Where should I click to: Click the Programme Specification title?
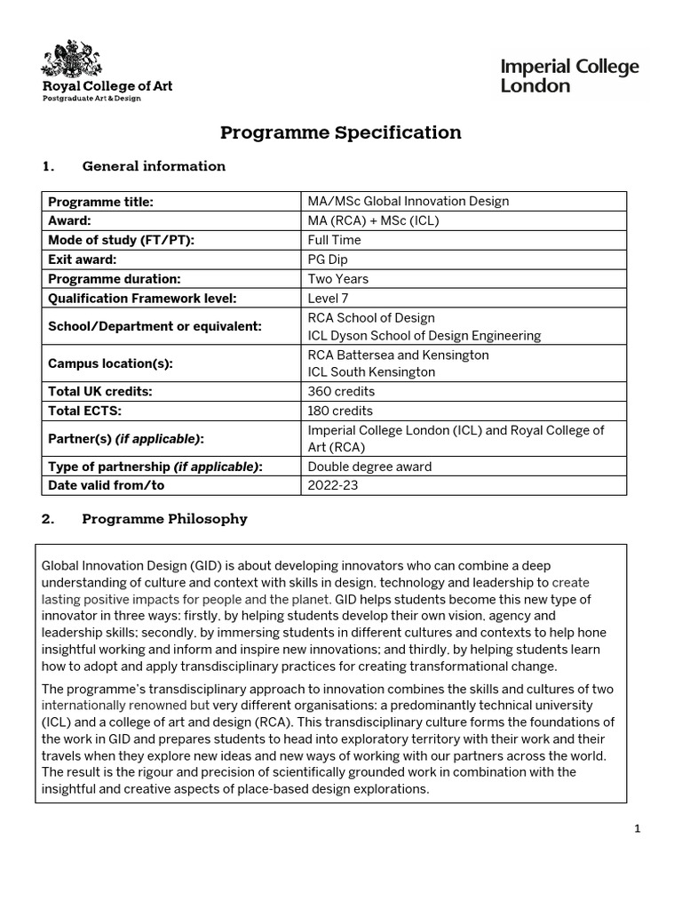[x=341, y=133]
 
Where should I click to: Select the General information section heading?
[x=153, y=166]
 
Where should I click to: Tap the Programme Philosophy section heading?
[x=164, y=519]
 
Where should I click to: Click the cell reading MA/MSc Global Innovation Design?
[x=408, y=201]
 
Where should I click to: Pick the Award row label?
[x=70, y=220]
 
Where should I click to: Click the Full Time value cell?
[x=334, y=240]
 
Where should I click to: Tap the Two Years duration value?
[x=338, y=279]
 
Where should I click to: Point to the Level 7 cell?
[x=329, y=299]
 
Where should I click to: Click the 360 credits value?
[x=341, y=391]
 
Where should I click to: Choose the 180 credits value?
[x=340, y=411]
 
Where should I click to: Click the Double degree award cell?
[x=369, y=467]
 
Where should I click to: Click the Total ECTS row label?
[x=85, y=411]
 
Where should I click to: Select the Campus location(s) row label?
[x=110, y=363]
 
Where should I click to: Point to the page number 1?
[x=637, y=829]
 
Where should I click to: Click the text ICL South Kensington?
[x=371, y=372]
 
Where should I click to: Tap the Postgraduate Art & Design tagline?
[x=92, y=99]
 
